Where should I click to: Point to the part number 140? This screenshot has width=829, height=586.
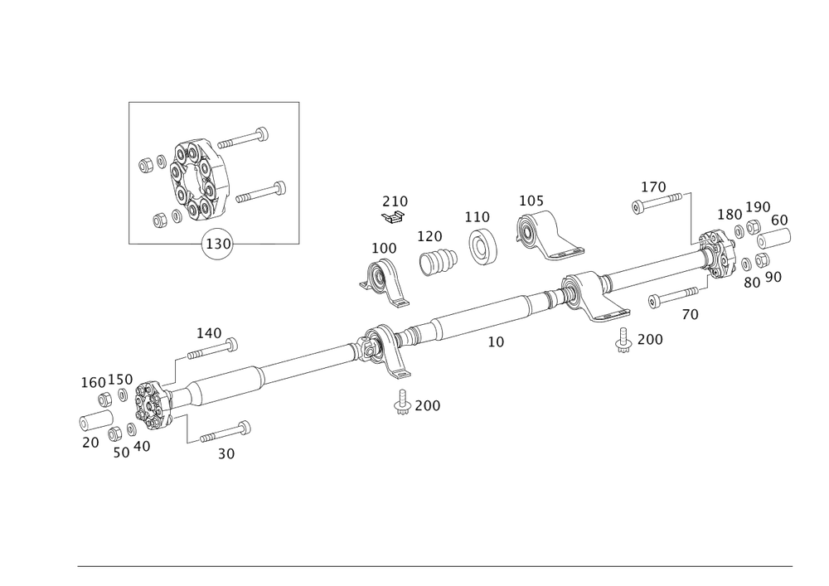click(208, 333)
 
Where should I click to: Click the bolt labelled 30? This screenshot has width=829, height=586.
click(221, 433)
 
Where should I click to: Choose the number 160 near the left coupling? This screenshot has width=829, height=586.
click(92, 382)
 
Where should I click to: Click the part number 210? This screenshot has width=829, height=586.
click(395, 201)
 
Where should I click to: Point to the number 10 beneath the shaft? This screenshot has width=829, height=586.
click(495, 341)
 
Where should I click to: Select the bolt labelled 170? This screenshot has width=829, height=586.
click(661, 201)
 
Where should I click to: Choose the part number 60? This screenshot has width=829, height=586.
click(780, 220)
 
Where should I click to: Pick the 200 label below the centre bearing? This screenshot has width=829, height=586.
click(428, 405)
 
